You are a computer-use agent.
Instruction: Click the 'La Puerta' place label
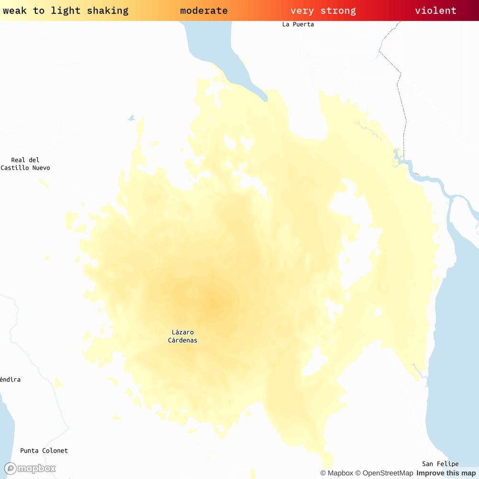(298, 24)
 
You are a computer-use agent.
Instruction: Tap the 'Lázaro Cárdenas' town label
(182, 336)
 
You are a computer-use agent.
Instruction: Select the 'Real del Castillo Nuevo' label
(25, 164)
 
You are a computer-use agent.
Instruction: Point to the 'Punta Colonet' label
(44, 451)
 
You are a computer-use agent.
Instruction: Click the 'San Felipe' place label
(440, 464)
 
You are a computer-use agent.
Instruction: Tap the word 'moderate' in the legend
(204, 11)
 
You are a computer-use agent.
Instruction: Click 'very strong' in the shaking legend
(323, 11)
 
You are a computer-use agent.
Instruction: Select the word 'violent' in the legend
(435, 11)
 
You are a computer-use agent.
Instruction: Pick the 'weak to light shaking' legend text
(66, 11)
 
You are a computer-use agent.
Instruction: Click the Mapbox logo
(30, 468)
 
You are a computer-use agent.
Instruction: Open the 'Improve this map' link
(446, 473)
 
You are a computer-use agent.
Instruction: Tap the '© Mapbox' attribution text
(336, 473)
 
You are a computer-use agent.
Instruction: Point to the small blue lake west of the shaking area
(131, 117)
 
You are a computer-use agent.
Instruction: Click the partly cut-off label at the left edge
(10, 379)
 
